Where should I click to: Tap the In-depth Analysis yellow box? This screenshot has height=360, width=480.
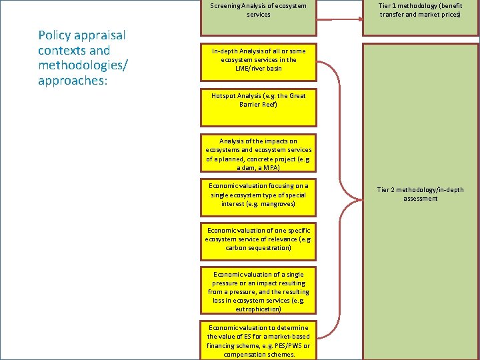pos(258,59)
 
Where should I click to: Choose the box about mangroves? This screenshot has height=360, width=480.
pos(258,195)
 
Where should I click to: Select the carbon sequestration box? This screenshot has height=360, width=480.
pos(258,239)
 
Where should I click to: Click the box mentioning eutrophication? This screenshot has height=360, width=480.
pos(258,291)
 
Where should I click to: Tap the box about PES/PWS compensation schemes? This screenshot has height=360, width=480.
pos(258,341)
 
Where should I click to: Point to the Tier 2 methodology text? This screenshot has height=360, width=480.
pos(420,194)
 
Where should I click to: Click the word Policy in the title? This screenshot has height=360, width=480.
pos(54,35)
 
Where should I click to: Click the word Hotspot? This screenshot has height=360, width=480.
pos(225,96)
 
